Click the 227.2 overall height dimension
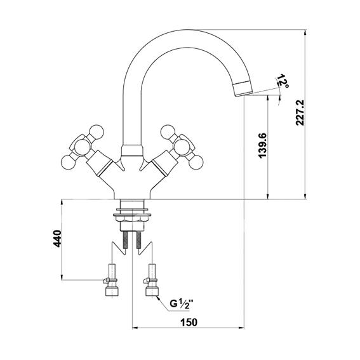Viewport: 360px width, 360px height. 300,112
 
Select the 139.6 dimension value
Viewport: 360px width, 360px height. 262,145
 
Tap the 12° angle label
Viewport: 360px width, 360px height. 283,81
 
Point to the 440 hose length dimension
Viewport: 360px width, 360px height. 57,239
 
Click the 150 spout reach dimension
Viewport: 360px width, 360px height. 189,322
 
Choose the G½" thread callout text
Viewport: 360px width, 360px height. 181,304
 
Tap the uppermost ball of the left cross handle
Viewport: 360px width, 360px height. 97,132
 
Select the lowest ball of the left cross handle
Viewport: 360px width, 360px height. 68,163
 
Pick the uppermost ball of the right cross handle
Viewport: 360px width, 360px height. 168,132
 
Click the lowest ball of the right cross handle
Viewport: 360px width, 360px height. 196,162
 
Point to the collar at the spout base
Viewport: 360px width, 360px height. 131,150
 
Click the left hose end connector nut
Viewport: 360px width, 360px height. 111,291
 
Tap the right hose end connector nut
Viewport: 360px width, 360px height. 152,291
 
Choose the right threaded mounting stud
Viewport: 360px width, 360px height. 138,240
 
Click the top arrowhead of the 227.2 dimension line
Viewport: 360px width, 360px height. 305,32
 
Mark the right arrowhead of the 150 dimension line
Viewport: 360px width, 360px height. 241,328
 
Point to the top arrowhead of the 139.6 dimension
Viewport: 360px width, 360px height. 267,98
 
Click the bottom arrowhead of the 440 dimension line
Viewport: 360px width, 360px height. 62,277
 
